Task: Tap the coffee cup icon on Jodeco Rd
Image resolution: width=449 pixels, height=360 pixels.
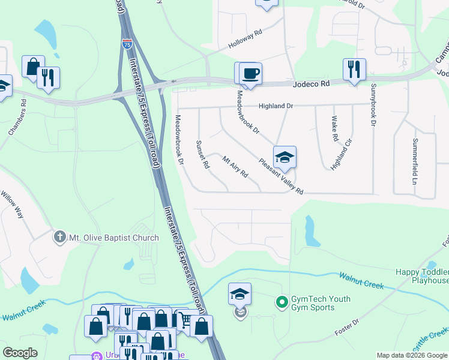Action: [x=250, y=73]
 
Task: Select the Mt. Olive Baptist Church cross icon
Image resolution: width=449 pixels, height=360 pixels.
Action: [x=59, y=237]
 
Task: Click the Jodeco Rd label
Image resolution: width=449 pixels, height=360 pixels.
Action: [x=312, y=85]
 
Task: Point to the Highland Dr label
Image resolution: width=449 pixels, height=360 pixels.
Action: [x=276, y=106]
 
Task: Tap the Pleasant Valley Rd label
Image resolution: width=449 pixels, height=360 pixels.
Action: [x=282, y=175]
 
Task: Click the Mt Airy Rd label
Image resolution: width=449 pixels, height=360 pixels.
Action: [x=235, y=167]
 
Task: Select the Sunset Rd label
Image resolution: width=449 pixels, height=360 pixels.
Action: [x=202, y=154]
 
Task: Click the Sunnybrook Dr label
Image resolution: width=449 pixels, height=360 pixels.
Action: [x=373, y=106]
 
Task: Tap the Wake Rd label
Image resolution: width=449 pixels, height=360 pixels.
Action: [x=335, y=130]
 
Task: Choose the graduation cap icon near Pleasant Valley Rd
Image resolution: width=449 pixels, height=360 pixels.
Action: [x=285, y=157]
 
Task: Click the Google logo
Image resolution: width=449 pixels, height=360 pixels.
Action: [x=20, y=353]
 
